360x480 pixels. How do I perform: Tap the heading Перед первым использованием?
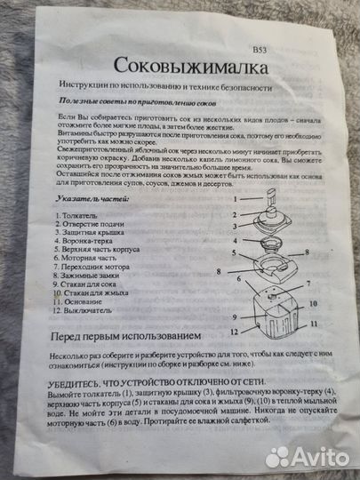point(147,337)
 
